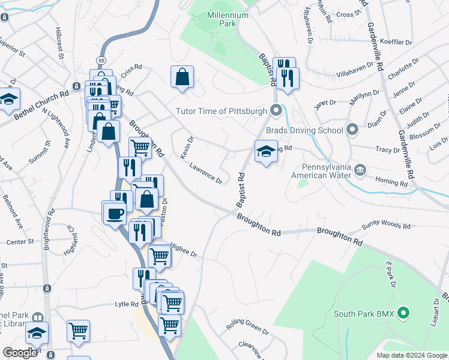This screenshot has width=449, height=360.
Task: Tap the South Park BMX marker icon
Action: (x=404, y=313)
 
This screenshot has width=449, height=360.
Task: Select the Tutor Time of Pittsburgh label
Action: (x=221, y=110)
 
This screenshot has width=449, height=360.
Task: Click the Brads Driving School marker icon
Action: (x=352, y=129)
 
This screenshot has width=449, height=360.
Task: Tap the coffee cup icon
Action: (x=115, y=212)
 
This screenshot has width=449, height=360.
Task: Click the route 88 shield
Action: (x=101, y=61)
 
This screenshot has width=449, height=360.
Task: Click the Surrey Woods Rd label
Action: (x=386, y=226)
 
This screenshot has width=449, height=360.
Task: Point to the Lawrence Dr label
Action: (x=206, y=173)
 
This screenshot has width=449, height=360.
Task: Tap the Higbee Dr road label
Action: (x=183, y=250)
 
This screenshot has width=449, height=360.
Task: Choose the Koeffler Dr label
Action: (x=396, y=43)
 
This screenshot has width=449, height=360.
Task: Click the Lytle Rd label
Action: (x=127, y=304)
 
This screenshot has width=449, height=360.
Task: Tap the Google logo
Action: (x=20, y=353)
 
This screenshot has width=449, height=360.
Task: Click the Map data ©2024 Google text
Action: (x=411, y=355)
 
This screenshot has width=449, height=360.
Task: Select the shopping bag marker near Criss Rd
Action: (x=182, y=77)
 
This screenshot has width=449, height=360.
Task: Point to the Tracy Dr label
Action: (x=387, y=149)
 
